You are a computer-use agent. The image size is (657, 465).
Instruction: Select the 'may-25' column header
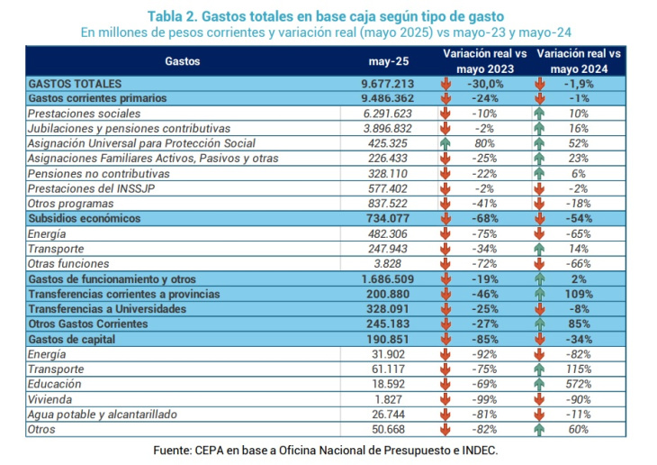pos(389,61)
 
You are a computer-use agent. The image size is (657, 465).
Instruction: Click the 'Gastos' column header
pos(183,61)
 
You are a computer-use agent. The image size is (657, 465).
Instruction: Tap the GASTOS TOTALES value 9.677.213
pos(388,84)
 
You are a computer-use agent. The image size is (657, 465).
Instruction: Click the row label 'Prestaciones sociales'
pos(85,114)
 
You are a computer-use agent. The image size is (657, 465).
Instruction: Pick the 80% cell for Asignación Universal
pos(485,143)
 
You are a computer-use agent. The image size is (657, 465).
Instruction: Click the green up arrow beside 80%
pos(445,143)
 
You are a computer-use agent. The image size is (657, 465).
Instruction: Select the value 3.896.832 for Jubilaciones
pos(388,129)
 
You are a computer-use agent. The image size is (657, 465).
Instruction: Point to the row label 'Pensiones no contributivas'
pos(99,174)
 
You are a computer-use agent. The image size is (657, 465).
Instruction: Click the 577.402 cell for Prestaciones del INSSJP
pos(388,188)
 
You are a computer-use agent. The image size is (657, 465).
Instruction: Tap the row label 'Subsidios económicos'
pos(85,218)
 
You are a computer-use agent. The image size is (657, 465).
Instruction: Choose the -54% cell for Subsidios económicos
pos(579,218)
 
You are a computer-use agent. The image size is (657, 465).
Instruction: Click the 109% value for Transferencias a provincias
pos(579,294)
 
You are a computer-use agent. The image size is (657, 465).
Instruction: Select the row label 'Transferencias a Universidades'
pos(107,309)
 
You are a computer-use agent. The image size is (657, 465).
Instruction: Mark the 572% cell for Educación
pos(579,384)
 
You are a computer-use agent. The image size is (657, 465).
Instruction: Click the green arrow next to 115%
pos(539,369)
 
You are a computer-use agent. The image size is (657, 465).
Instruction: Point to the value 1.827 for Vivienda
pos(388,399)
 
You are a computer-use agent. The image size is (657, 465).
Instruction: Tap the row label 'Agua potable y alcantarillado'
pos(103,415)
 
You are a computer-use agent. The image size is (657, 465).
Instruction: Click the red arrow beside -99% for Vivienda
pos(445,399)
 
